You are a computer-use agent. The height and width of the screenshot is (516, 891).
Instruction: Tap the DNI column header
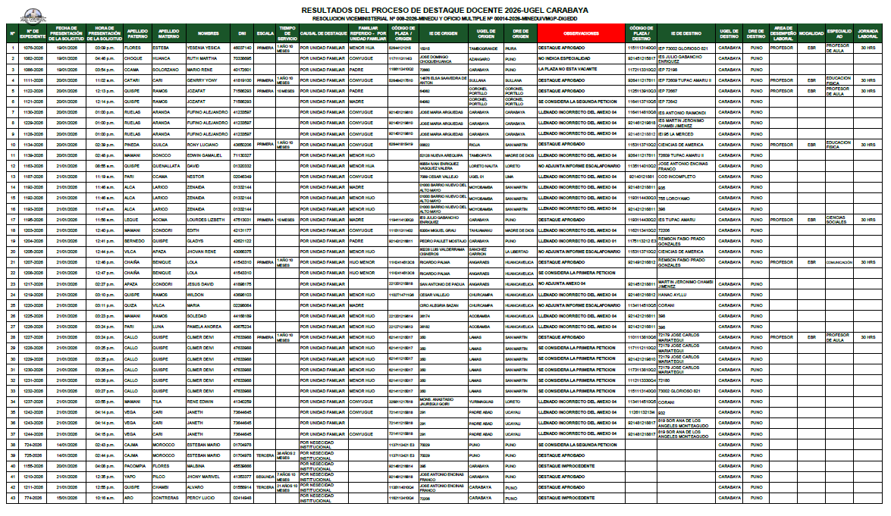click(x=242, y=33)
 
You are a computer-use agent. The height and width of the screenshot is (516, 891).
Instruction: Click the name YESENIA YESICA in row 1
click(x=202, y=48)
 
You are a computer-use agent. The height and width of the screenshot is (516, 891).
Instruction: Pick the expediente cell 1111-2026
click(x=33, y=80)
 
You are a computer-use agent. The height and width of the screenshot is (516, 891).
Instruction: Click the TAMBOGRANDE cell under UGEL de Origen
click(x=483, y=48)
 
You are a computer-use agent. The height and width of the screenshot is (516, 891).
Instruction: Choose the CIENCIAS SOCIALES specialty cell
click(x=836, y=219)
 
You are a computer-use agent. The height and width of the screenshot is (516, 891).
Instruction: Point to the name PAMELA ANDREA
click(x=205, y=326)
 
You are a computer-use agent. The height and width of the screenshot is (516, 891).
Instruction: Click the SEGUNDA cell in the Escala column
click(x=265, y=476)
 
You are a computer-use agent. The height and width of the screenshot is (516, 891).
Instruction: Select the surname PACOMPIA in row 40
click(x=136, y=465)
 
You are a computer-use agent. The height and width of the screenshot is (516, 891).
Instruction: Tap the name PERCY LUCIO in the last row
click(x=203, y=498)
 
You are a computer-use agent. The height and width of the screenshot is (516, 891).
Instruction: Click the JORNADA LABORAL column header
click(x=867, y=33)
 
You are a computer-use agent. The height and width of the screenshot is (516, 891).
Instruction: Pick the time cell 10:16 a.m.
click(x=105, y=498)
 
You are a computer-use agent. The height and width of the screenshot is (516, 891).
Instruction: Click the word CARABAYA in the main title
click(x=563, y=10)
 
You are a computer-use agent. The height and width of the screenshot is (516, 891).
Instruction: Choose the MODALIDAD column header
click(x=811, y=33)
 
